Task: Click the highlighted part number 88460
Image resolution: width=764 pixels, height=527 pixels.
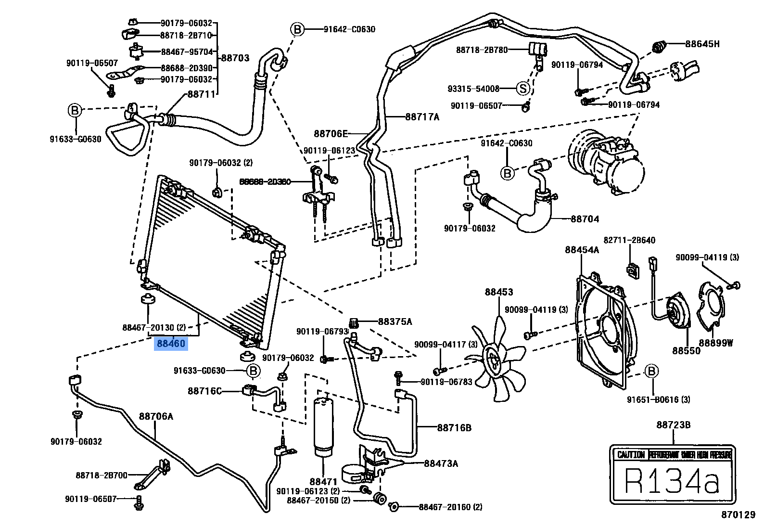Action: click(x=170, y=344)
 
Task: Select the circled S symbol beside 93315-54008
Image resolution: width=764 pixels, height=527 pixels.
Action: click(x=523, y=89)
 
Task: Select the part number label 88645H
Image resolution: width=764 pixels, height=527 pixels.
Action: click(x=702, y=44)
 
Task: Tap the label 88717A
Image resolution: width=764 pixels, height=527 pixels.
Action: click(x=422, y=116)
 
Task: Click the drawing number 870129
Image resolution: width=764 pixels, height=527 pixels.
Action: click(x=738, y=515)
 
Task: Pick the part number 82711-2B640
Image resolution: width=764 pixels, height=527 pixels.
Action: click(x=629, y=240)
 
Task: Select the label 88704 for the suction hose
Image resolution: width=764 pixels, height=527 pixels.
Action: click(x=585, y=219)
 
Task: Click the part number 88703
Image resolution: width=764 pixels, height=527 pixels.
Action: click(x=235, y=58)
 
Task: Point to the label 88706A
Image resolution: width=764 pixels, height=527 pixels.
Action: click(x=156, y=416)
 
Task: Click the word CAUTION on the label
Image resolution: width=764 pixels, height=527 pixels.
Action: click(x=630, y=455)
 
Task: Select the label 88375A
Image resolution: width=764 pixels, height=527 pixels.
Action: click(x=395, y=321)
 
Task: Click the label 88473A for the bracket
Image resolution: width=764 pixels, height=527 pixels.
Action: click(x=441, y=463)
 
